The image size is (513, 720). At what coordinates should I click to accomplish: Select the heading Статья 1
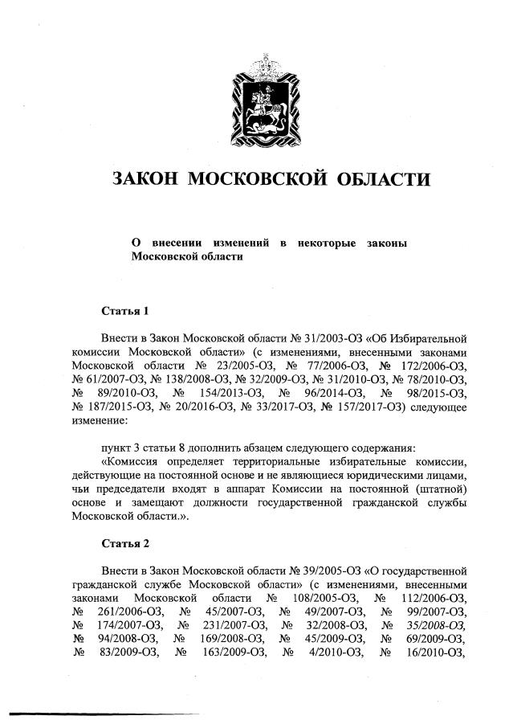click(x=125, y=310)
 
